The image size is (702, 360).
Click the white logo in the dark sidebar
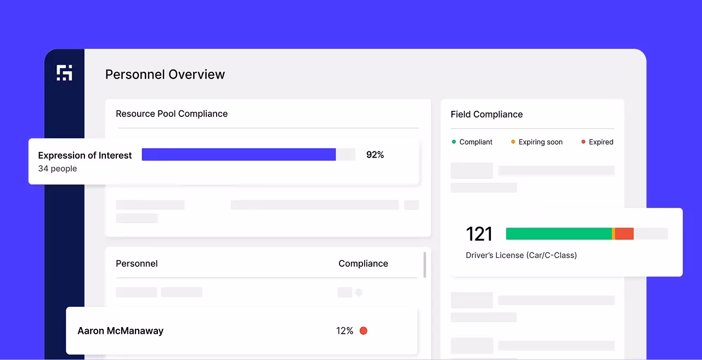tap(65, 72)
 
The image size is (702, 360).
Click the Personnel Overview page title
tap(165, 75)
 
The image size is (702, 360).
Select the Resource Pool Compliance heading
tap(172, 114)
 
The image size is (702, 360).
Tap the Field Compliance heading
tap(486, 114)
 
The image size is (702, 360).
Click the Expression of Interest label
tap(85, 155)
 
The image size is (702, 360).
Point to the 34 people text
tap(58, 168)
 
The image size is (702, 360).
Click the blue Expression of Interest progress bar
tap(239, 155)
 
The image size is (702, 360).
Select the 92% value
tap(375, 155)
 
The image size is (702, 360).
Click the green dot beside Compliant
tap(454, 142)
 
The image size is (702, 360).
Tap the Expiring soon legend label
tap(540, 142)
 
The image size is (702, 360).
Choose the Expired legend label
tap(601, 142)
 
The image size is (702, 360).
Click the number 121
tap(479, 234)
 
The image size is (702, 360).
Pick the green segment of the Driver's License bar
tap(558, 234)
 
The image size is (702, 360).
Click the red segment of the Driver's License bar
tap(624, 234)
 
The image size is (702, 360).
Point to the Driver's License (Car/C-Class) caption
tap(521, 255)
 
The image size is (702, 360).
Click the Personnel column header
tap(137, 263)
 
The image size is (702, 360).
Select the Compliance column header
tap(363, 263)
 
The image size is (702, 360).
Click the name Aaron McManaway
tap(121, 331)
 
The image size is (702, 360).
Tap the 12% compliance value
tap(344, 331)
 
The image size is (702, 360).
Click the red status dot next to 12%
tap(363, 331)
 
